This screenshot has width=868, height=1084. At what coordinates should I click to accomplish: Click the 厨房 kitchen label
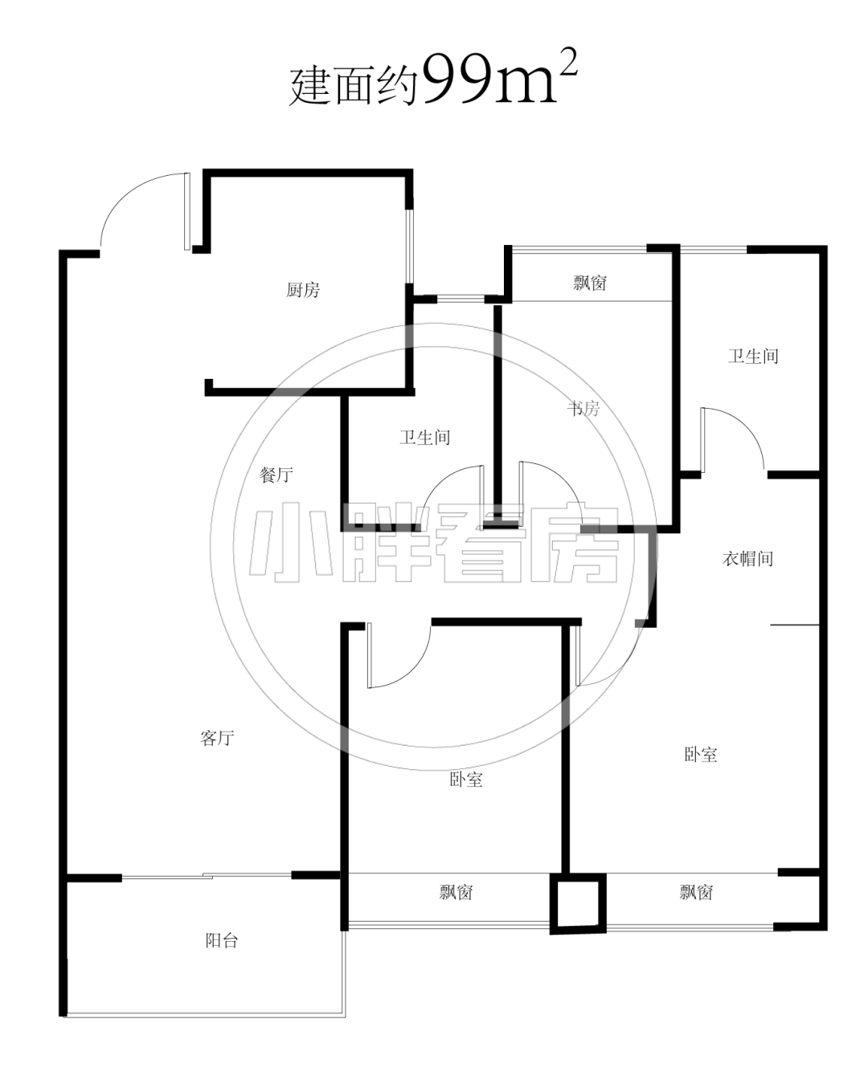coord(303,290)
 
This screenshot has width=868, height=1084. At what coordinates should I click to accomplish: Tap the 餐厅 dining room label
coord(276,474)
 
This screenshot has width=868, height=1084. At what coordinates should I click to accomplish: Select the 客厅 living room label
coord(217,738)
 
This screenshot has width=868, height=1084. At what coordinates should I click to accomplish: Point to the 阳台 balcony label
coord(221,940)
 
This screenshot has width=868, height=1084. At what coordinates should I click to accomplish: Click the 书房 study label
coord(583,408)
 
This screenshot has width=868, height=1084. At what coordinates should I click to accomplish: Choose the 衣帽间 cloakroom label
coord(747,558)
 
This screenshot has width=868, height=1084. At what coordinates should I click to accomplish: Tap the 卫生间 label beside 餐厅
coord(424,437)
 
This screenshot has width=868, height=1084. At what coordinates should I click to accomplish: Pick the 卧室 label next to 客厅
coord(465,779)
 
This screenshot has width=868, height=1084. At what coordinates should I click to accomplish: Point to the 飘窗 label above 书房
coord(590,283)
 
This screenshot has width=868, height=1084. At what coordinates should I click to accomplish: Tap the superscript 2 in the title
coord(568,61)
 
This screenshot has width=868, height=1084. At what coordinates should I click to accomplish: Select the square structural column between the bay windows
coord(578,903)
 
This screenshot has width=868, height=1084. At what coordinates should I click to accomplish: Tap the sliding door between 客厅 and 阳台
coord(207,877)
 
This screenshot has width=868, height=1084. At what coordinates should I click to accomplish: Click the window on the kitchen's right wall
coord(411,246)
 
